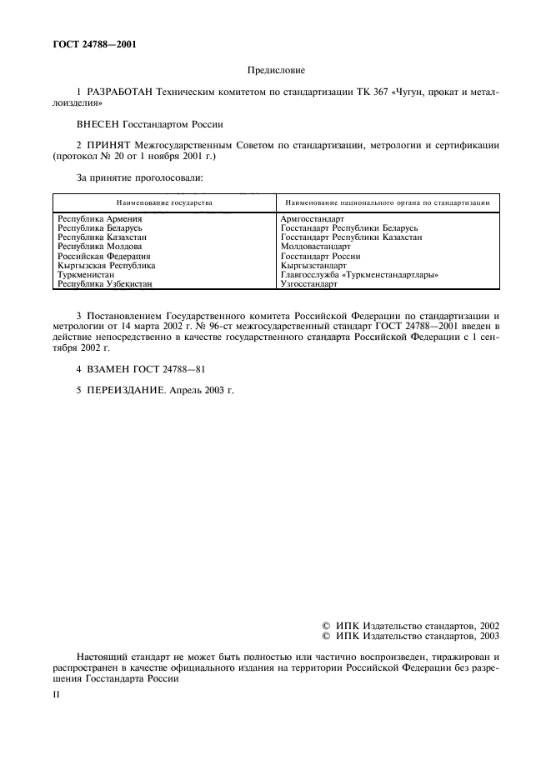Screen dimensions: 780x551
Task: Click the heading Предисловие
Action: pos(275,72)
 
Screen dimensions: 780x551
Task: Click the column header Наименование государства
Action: pos(164,202)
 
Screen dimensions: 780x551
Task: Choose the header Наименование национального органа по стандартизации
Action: pos(388,202)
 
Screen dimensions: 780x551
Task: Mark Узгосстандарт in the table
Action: pos(309,284)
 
